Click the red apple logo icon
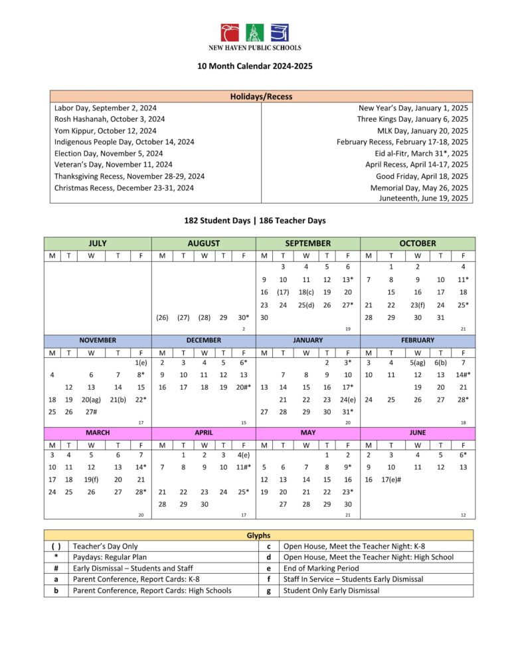click(x=230, y=33)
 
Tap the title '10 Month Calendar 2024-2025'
click(x=255, y=66)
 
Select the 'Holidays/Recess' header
click(x=261, y=96)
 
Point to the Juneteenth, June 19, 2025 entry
click(x=424, y=198)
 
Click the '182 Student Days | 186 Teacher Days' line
click(x=255, y=220)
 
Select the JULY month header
click(x=98, y=243)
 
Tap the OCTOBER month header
click(x=418, y=243)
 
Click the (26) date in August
click(x=162, y=318)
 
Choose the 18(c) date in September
click(x=306, y=292)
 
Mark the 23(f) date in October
click(x=417, y=305)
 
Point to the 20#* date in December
click(x=244, y=386)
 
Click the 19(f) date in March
click(x=91, y=479)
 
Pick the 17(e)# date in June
click(x=392, y=479)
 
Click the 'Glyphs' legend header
click(x=258, y=535)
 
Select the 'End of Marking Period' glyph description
click(x=321, y=568)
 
